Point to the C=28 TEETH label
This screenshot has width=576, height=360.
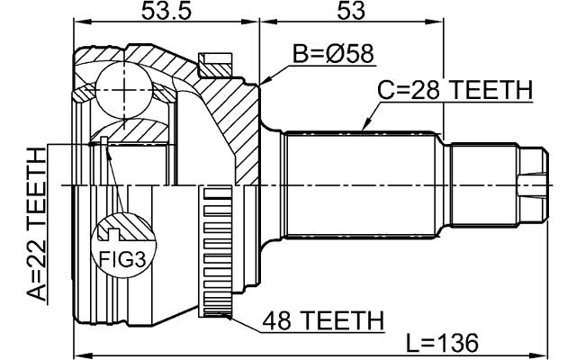point(454,91)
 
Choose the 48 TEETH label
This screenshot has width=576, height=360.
point(324,320)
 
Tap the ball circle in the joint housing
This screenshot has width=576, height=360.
point(121,87)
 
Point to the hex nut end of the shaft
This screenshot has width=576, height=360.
point(534,184)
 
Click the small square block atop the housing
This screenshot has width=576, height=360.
point(215,63)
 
